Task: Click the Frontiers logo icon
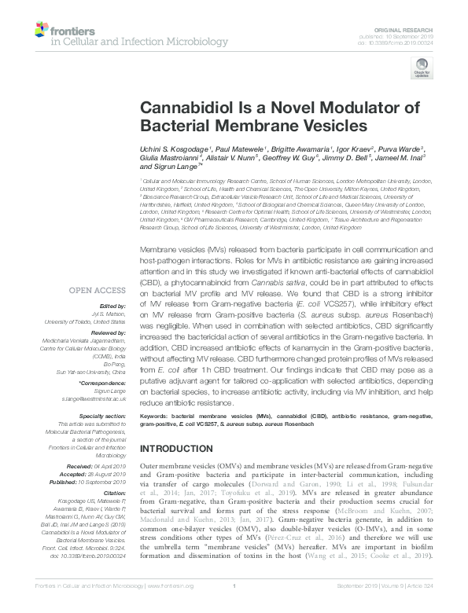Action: click(41, 30)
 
